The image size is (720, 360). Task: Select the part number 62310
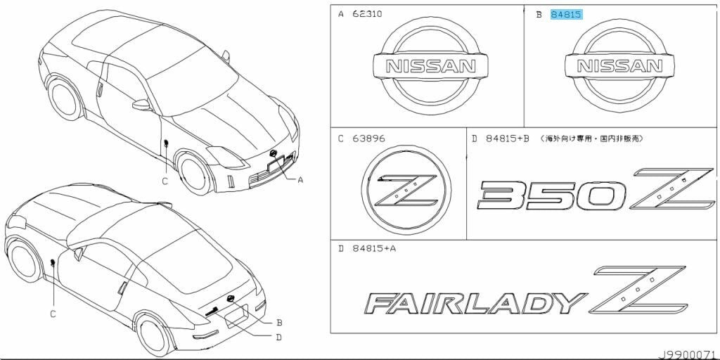coord(367,14)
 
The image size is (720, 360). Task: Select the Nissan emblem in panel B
coord(619,66)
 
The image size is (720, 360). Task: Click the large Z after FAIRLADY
coord(638,289)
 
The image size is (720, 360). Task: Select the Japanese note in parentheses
coord(592,139)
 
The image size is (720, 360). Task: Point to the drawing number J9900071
coord(688,354)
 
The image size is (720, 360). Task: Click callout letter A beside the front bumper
coord(300,180)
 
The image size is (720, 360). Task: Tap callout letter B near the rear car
coord(279,323)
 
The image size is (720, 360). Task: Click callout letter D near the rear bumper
coord(279,337)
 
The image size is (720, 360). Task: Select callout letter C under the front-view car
coord(165,181)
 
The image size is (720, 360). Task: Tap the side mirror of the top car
coord(143,105)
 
